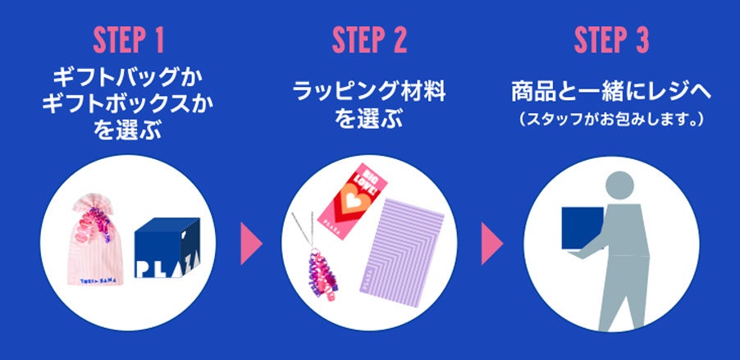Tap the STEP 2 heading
point(369,42)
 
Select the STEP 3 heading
point(612,42)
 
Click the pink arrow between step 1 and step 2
point(249,242)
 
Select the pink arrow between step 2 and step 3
point(491,242)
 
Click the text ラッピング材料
point(369,92)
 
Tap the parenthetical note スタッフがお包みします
point(612,119)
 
